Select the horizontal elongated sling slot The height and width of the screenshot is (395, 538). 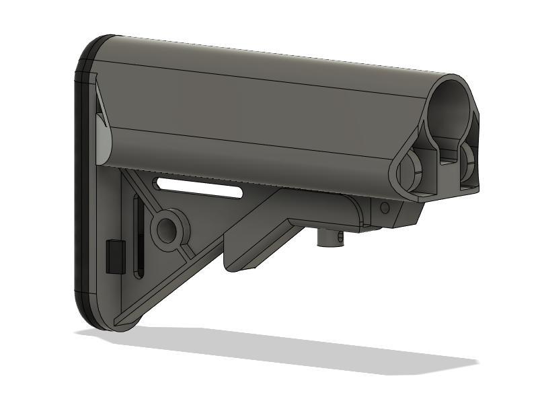point(198,187)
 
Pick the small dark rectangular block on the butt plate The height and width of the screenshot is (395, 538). point(115,256)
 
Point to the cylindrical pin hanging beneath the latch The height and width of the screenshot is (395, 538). point(330,239)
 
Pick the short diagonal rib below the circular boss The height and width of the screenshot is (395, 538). point(188,252)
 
